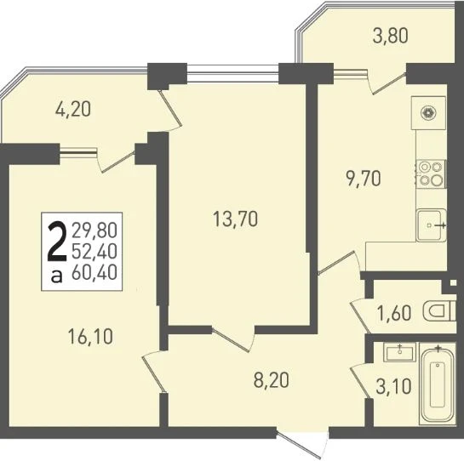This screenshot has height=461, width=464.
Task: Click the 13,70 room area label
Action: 235,219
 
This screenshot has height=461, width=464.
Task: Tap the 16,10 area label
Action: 90,337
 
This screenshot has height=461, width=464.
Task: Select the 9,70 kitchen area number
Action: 363,179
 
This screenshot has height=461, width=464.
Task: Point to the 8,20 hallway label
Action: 271,380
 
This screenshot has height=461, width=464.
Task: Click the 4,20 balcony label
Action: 73,110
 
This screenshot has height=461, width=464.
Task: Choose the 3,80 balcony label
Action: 391,36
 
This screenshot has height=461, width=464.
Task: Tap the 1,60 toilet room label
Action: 394,313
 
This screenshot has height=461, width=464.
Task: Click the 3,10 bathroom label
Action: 393,386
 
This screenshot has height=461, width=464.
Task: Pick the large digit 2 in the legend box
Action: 57,242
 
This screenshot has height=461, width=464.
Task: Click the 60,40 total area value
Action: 95,272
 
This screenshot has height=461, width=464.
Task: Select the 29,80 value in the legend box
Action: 95,230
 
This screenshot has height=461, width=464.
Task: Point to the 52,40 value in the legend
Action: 95,252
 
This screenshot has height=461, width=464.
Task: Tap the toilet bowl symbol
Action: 439,311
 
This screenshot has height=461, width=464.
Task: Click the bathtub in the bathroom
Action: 438,384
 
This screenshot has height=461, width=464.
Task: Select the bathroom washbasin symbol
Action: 399,352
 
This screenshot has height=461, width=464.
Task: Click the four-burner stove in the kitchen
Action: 431,174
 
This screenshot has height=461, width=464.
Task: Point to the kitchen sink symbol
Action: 431,225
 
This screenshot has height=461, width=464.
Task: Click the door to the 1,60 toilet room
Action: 360,316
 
